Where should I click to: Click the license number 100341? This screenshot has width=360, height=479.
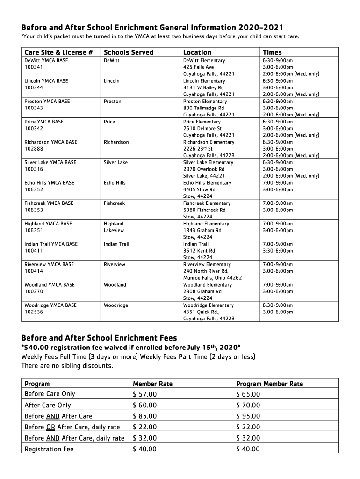pyautogui.click(x=32, y=67)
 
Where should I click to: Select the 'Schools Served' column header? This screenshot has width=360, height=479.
pyautogui.click(x=128, y=52)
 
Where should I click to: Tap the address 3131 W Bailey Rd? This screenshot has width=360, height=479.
pyautogui.click(x=203, y=87)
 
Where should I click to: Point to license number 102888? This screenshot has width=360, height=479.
pyautogui.click(x=32, y=149)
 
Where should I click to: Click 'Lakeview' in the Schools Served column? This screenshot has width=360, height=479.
pyautogui.click(x=114, y=230)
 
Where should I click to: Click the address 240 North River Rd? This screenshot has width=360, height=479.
pyautogui.click(x=206, y=271)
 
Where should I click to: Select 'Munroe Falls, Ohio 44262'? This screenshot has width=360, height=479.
pyautogui.click(x=212, y=278)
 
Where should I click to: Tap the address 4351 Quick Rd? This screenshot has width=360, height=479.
pyautogui.click(x=202, y=312)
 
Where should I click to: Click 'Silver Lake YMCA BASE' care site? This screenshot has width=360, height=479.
pyautogui.click(x=50, y=162)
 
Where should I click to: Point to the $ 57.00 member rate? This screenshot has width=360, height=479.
pyautogui.click(x=145, y=394)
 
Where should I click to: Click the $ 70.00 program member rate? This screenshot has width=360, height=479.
pyautogui.click(x=248, y=405)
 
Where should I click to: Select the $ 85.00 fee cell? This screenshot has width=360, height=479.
pyautogui.click(x=145, y=416)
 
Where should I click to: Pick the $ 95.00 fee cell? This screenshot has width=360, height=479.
pyautogui.click(x=248, y=416)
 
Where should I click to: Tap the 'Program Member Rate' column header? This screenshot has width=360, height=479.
pyautogui.click(x=269, y=384)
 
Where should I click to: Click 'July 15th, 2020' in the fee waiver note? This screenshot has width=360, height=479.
pyautogui.click(x=213, y=347)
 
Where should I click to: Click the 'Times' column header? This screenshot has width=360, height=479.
pyautogui.click(x=272, y=52)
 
